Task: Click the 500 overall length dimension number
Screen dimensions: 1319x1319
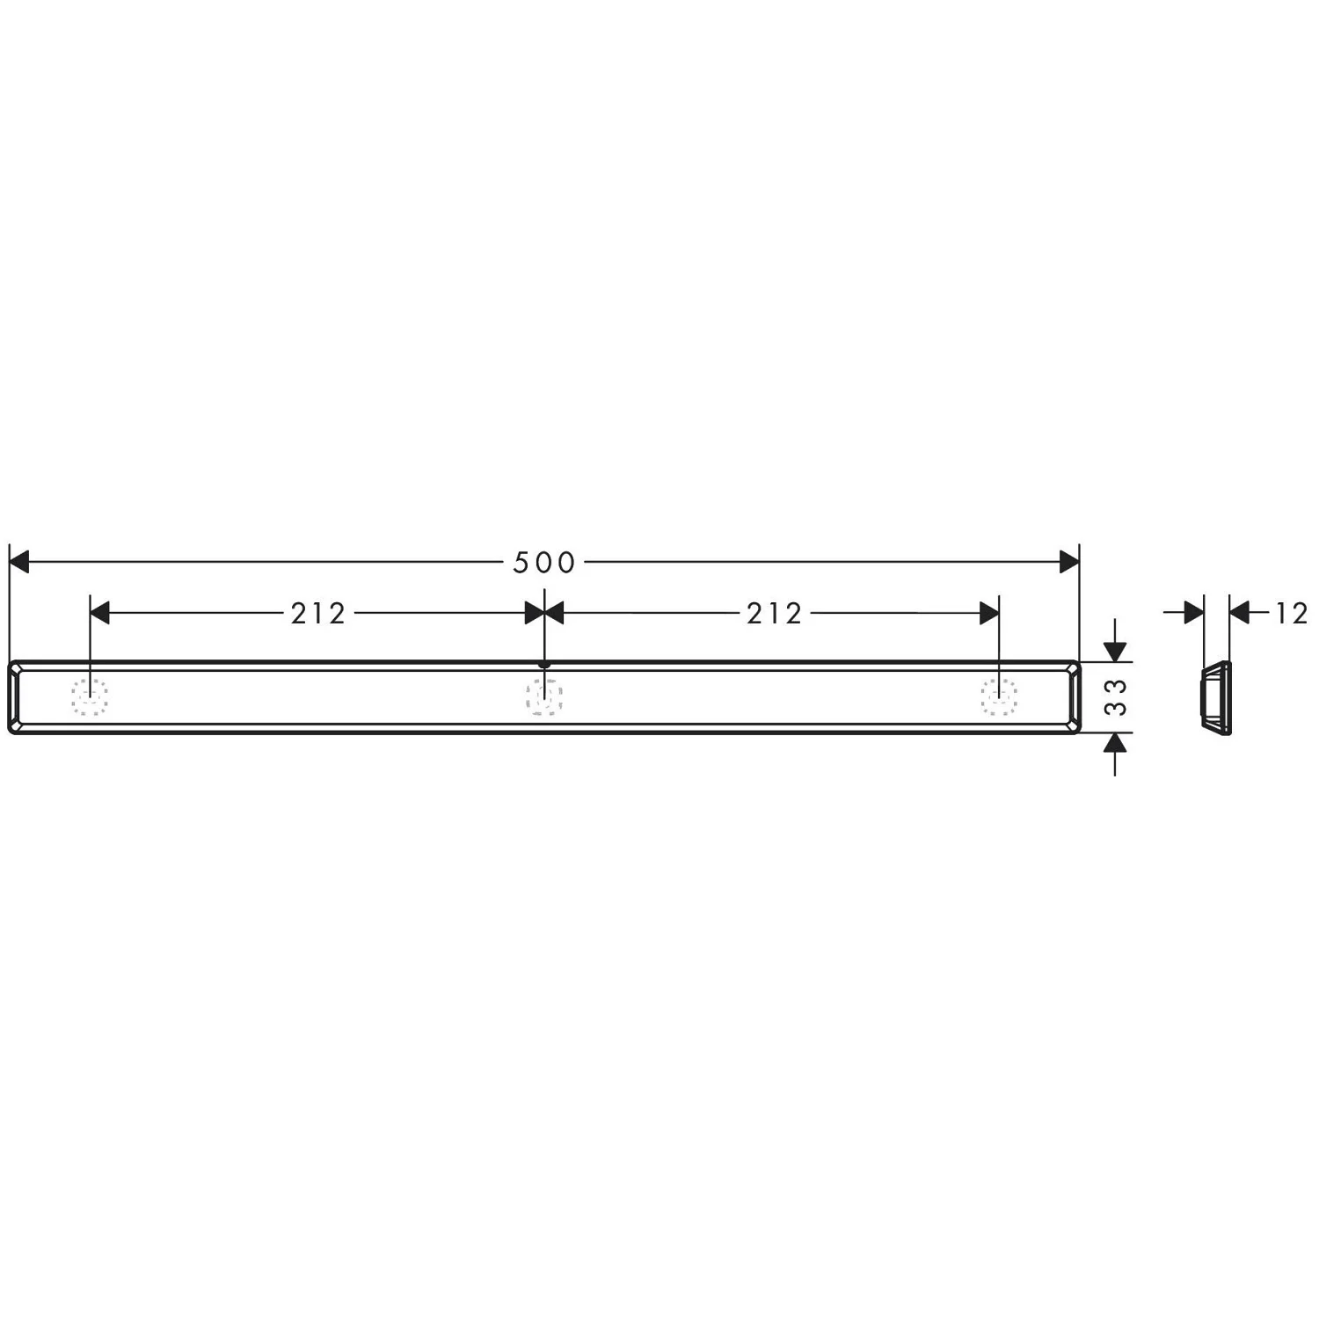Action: [x=543, y=563]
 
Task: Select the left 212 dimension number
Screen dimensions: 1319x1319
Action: [x=318, y=614]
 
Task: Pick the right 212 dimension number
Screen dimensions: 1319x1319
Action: [x=774, y=614]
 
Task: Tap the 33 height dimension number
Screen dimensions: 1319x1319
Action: [x=1116, y=696]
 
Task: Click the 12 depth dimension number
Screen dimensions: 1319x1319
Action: [x=1291, y=613]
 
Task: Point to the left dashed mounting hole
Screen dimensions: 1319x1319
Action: [x=90, y=696]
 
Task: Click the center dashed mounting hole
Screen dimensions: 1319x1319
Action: [x=544, y=696]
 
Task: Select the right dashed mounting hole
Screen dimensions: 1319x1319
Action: [x=999, y=696]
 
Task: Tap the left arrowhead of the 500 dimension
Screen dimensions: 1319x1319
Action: [x=19, y=562]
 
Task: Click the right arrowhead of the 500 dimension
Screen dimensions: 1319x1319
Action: [x=1068, y=562]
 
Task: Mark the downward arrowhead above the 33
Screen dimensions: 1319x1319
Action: [x=1115, y=652]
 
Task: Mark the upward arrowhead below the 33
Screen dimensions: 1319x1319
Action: [x=1115, y=743]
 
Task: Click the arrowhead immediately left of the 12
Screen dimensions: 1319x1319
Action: [x=1240, y=612]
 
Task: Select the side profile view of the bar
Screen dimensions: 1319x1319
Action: [x=1215, y=696]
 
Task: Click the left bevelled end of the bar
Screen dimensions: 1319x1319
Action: [x=15, y=696]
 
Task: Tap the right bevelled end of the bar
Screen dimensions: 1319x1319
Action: [x=1073, y=696]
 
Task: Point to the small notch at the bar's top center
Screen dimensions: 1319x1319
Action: [x=544, y=666]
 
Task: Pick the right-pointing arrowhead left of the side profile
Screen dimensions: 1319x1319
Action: [x=1193, y=612]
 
